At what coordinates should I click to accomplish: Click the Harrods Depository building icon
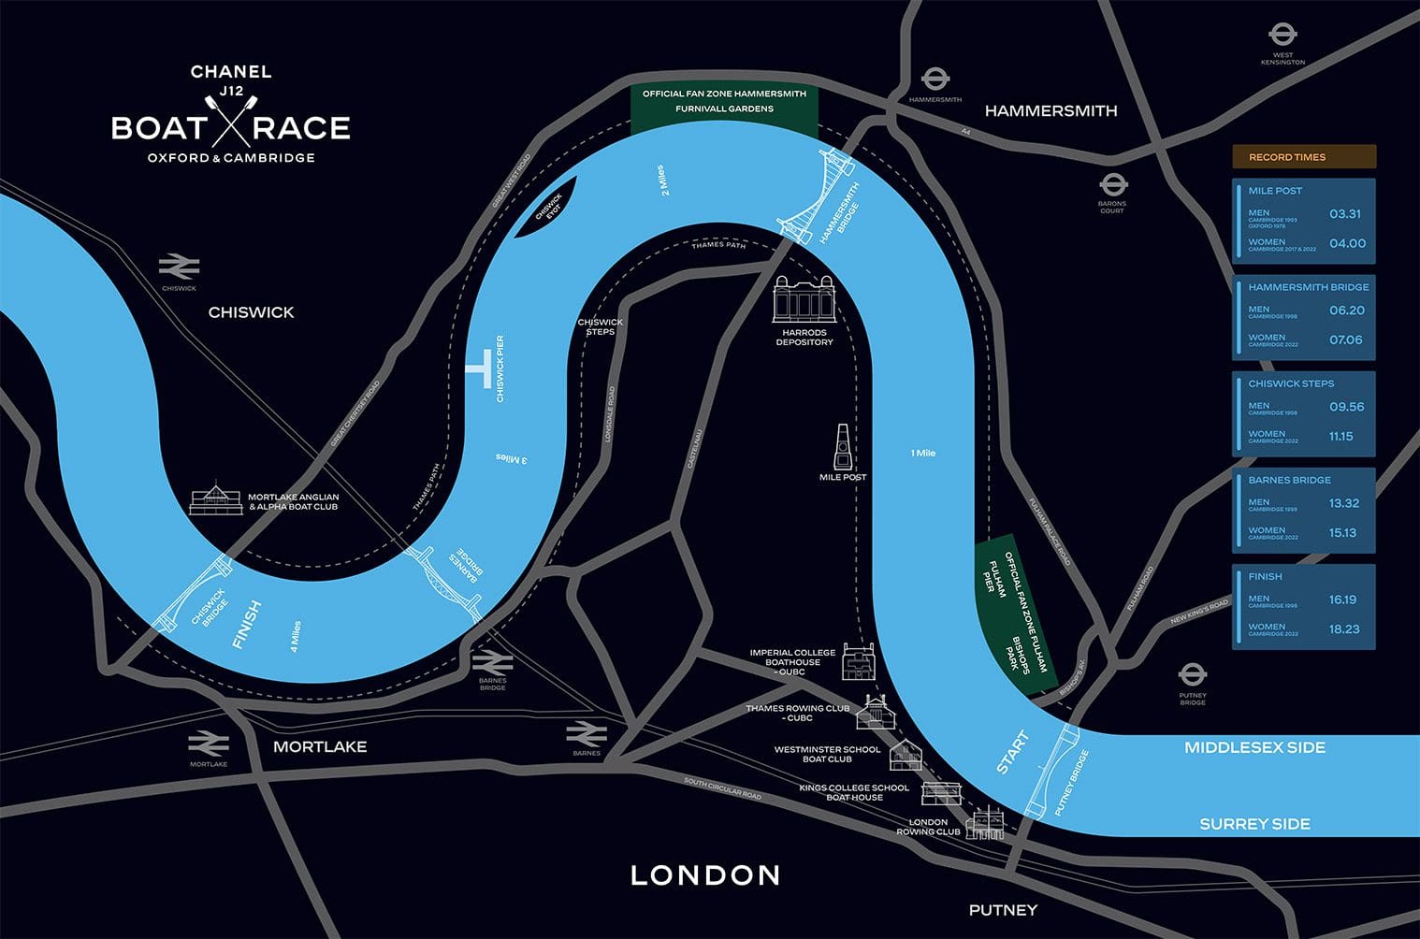click(803, 298)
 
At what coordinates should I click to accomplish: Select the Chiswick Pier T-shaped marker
click(480, 368)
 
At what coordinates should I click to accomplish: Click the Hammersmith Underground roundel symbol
click(935, 79)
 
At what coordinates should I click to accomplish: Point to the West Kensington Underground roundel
click(1282, 36)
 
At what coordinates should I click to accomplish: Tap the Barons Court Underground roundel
click(1112, 184)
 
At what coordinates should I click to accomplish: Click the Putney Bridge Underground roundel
click(1192, 674)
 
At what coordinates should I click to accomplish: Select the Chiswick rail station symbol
click(179, 267)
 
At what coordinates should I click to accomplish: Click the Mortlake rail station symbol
click(209, 744)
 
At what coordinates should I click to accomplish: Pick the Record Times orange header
click(1303, 157)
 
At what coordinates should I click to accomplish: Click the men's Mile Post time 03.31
click(1344, 214)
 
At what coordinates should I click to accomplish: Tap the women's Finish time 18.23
click(1344, 629)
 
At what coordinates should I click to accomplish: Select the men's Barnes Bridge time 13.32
click(1344, 503)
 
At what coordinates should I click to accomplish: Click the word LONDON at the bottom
click(705, 875)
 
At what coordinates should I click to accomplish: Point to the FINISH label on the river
click(247, 625)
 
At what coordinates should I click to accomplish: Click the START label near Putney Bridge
click(1012, 752)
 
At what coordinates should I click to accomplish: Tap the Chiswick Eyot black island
click(545, 209)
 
